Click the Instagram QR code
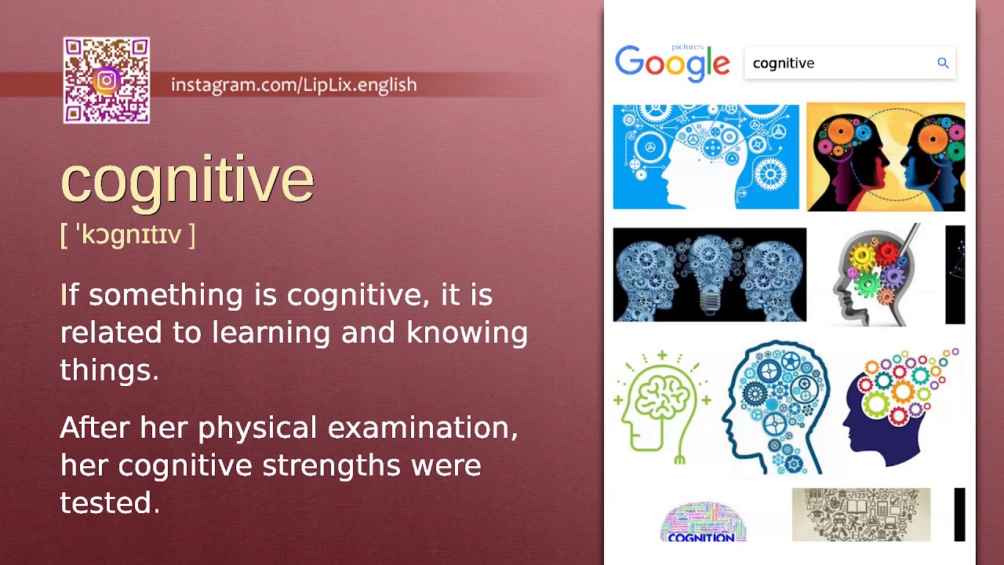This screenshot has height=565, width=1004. point(107,81)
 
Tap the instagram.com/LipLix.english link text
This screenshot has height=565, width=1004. point(293,85)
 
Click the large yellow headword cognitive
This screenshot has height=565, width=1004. point(187,180)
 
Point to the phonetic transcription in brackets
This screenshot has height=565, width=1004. point(128,235)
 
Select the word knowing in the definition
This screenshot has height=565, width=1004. point(467,333)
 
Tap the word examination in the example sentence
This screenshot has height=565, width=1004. point(423,428)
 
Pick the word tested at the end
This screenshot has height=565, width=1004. point(110,503)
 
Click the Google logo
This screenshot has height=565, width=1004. point(672,63)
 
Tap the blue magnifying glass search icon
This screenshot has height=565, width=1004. point(943,64)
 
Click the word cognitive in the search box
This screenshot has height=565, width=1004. point(784,64)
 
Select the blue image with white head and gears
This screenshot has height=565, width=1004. point(705,157)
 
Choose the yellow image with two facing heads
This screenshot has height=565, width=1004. point(886,157)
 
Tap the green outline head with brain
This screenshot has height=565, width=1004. point(662,406)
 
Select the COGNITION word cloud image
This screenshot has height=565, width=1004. point(702,522)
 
